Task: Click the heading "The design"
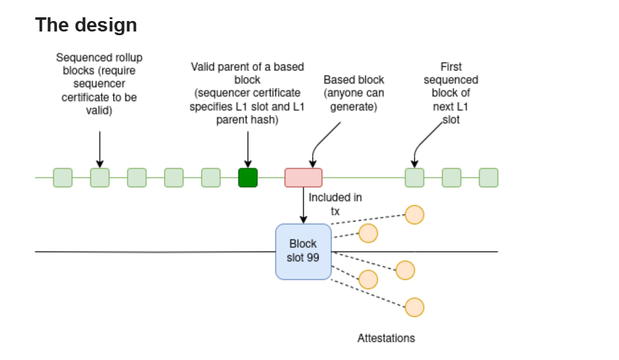(86, 25)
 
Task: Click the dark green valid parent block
(247, 178)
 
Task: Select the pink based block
(303, 178)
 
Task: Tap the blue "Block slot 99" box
(303, 251)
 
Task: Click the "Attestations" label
(386, 338)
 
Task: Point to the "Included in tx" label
(334, 204)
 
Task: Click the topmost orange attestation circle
(414, 215)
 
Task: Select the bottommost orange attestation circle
(414, 308)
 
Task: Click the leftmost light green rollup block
(62, 178)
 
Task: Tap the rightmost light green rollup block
(488, 178)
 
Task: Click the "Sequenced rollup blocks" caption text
(99, 84)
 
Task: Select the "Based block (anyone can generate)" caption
(354, 93)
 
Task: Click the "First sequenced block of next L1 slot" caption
(451, 93)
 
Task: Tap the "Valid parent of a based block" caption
(247, 93)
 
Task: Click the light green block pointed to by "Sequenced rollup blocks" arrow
(99, 178)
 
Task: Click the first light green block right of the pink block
(414, 178)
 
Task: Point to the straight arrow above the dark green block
(247, 148)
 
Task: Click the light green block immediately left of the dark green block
(210, 178)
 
